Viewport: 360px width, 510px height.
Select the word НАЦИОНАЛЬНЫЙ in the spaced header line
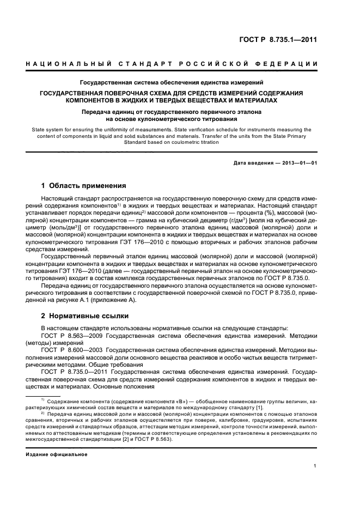[x=64, y=64]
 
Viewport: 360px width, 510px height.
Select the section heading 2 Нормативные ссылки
[x=85, y=315]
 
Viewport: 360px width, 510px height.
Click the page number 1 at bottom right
[x=315, y=466]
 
